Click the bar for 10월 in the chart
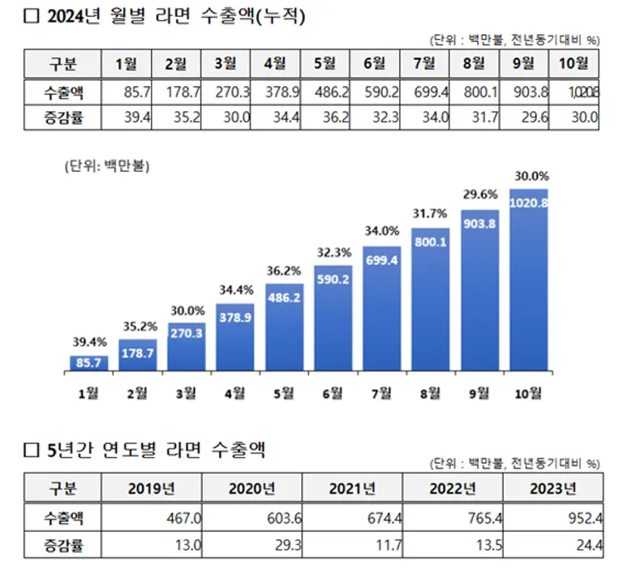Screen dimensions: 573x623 [x=528, y=280]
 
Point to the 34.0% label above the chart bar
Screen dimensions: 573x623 [x=381, y=231]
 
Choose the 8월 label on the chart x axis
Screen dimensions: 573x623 [x=430, y=394]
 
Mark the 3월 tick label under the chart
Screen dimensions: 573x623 [x=186, y=394]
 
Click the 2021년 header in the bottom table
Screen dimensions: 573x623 [x=352, y=488]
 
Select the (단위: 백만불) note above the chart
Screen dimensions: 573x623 [x=108, y=167]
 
